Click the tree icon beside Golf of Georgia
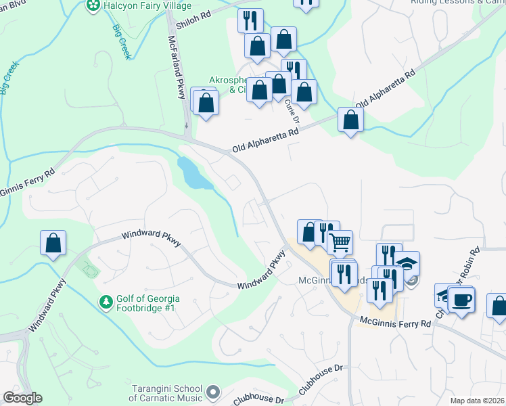click(x=106, y=301)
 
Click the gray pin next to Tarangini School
click(x=214, y=392)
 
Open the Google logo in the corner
click(x=22, y=398)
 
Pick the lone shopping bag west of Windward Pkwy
click(x=53, y=243)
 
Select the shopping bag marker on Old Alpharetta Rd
click(x=350, y=120)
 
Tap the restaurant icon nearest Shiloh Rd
click(x=250, y=20)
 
